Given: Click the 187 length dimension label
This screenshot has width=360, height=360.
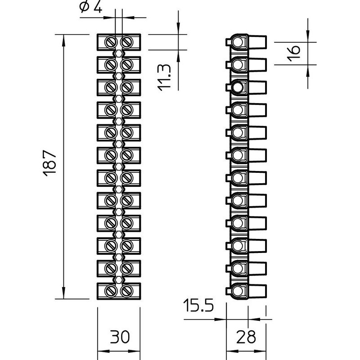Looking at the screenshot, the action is click(49, 163).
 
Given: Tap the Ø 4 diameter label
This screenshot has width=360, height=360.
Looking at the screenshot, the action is click(90, 7).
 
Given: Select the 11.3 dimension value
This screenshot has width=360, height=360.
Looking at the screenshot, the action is click(164, 77).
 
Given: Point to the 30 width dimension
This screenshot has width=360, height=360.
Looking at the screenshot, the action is click(120, 337).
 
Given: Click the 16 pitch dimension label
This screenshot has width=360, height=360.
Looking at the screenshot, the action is click(294, 53).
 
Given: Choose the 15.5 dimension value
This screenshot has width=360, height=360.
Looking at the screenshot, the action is click(198, 306).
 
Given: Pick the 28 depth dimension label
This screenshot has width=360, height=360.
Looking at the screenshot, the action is click(246, 337).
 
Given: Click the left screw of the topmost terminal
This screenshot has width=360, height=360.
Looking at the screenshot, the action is click(111, 42).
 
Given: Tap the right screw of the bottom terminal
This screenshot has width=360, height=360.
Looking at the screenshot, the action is click(126, 291).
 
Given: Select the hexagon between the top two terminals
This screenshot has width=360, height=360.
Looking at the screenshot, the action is click(119, 54).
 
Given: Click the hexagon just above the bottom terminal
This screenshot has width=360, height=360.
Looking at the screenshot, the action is click(119, 279).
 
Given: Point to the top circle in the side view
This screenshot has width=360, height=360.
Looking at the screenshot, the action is click(238, 42).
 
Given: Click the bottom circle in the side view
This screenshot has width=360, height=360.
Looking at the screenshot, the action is click(238, 291).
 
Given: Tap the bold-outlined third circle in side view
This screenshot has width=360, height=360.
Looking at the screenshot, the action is click(238, 87).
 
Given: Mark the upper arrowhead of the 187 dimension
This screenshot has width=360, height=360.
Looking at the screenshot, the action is click(63, 41).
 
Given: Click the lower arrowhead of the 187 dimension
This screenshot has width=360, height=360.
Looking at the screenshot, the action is click(63, 292).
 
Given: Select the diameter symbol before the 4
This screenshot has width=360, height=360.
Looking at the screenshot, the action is click(84, 7).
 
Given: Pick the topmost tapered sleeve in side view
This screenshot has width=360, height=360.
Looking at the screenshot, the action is click(257, 42).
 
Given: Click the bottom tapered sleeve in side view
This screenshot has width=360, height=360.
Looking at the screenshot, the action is click(257, 291).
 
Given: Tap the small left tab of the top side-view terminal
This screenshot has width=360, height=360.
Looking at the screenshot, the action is click(228, 42).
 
